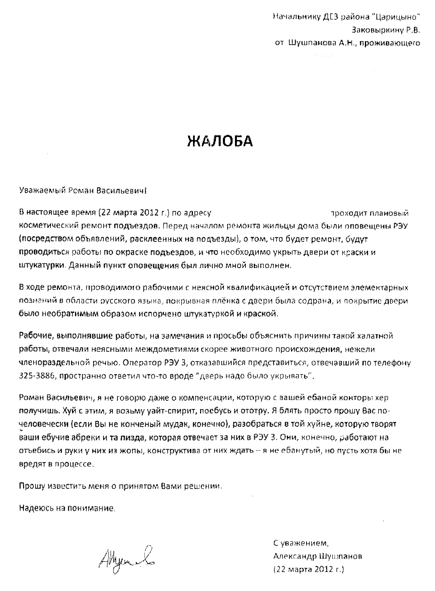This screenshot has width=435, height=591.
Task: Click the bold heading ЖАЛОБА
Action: click(220, 141)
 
